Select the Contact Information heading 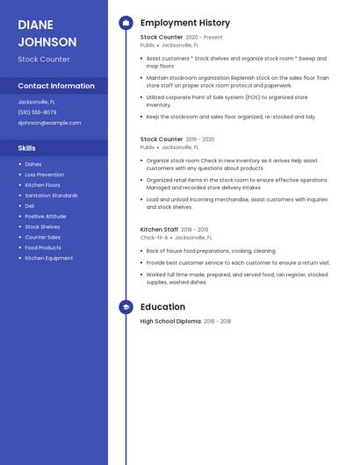tap(56, 86)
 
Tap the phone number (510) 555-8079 tap(37, 112)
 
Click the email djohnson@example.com tap(49, 123)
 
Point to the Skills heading tap(27, 148)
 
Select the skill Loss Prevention tap(44, 175)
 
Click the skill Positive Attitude tap(45, 216)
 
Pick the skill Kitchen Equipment tap(48, 258)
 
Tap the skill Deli tap(30, 205)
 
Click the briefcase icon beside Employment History tap(126, 23)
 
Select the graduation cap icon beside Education tap(126, 307)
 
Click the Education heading tap(162, 307)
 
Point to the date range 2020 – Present tap(204, 38)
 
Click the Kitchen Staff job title tap(160, 230)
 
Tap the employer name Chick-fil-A tap(154, 238)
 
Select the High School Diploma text tap(170, 322)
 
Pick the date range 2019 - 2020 tap(199, 139)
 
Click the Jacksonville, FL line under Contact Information tap(36, 102)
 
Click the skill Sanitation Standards tap(51, 196)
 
